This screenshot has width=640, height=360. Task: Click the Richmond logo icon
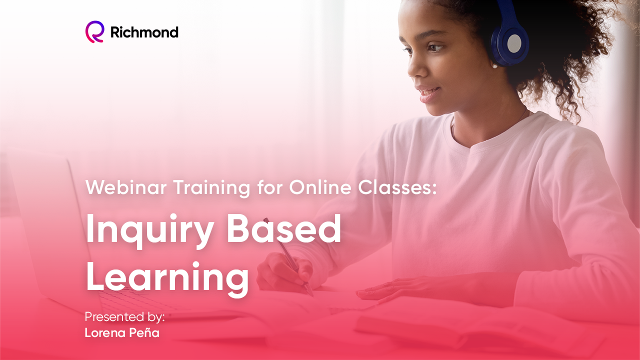(x=95, y=31)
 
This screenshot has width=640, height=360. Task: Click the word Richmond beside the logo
(x=144, y=32)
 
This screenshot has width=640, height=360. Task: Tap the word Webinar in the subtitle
(x=126, y=187)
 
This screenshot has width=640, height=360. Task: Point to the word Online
(x=320, y=187)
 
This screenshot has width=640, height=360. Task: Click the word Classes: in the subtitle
(x=397, y=187)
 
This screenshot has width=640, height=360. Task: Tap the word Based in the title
(x=283, y=228)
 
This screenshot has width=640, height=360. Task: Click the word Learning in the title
(x=167, y=279)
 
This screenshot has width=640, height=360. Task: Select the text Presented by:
(x=125, y=317)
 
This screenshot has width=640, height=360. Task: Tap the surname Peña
(x=144, y=332)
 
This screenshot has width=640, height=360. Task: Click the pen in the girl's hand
(x=288, y=256)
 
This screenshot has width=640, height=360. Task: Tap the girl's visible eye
(x=436, y=47)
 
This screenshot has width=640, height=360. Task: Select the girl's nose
(x=415, y=66)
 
